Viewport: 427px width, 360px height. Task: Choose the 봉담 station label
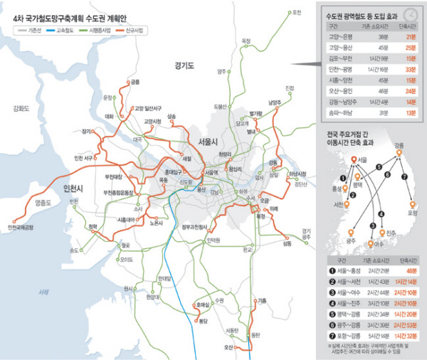coord(203,322)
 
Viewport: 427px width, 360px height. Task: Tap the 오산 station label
coord(228,347)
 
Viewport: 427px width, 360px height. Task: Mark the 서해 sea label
coord(45,292)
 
